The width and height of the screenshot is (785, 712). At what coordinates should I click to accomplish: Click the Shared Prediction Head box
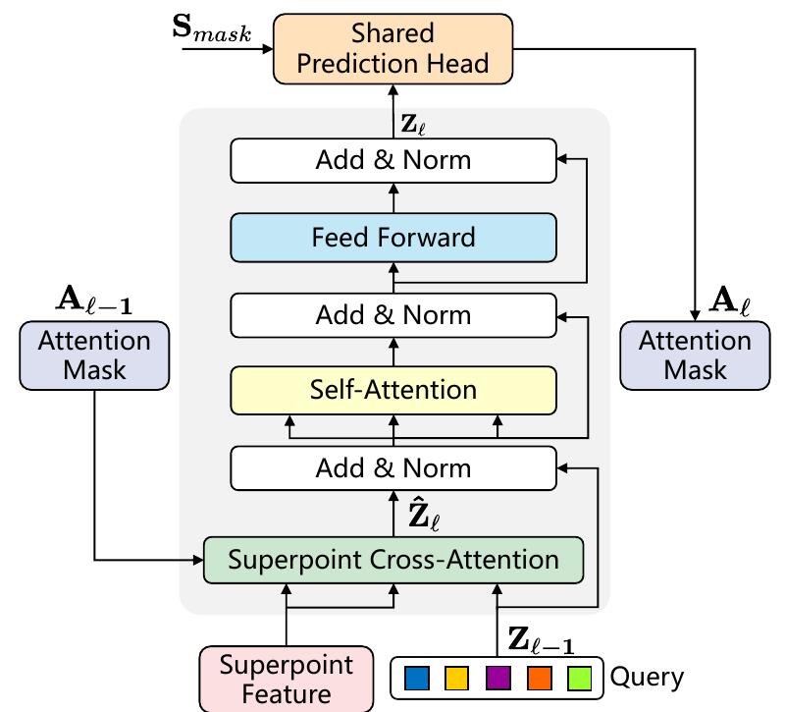[x=392, y=48]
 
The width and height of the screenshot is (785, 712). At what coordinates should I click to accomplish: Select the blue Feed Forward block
[x=392, y=238]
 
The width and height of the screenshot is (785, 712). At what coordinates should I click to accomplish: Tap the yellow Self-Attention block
[x=392, y=390]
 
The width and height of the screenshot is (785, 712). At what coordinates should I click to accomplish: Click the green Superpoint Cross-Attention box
[x=392, y=560]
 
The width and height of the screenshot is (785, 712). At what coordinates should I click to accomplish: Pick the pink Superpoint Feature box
[x=286, y=679]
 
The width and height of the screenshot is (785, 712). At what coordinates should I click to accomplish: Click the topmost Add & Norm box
[x=392, y=160]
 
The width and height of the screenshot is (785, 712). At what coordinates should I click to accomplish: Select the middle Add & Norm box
[x=392, y=315]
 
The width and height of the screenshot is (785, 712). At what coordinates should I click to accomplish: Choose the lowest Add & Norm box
[x=392, y=467]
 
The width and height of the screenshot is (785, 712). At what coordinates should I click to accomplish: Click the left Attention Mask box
[x=94, y=356]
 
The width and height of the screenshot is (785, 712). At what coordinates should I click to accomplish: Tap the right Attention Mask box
[x=696, y=356]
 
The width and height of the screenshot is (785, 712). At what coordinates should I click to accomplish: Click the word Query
[x=647, y=678]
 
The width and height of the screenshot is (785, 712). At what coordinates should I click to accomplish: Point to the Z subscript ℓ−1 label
[x=540, y=640]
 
